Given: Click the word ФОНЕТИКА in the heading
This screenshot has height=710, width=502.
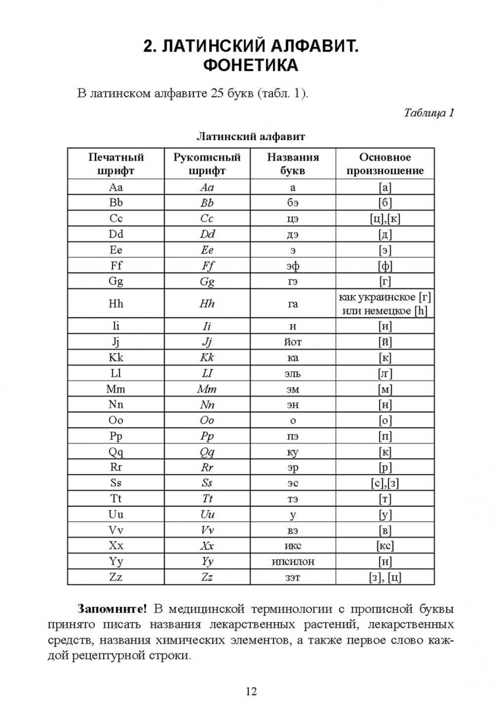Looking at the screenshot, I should click(x=251, y=66).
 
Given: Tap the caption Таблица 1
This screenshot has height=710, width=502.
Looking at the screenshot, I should click(x=428, y=112).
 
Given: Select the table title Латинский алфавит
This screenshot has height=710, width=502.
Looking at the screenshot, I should click(x=251, y=137).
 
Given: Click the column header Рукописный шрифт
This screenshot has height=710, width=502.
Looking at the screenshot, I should click(x=207, y=164).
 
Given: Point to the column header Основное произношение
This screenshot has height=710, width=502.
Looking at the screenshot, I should click(x=385, y=164).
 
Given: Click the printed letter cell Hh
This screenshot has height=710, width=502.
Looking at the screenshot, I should click(x=115, y=304).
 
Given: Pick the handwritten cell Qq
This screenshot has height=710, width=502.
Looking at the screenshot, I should click(x=207, y=451).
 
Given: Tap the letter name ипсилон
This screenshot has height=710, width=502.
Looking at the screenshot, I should click(x=293, y=561).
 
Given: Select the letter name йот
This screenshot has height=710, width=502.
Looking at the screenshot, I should click(x=293, y=341).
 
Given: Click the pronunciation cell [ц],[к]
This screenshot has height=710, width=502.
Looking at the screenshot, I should click(x=385, y=219).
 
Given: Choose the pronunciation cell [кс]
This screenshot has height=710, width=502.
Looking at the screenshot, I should click(x=385, y=546).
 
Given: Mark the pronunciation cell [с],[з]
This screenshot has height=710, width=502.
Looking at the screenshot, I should click(x=385, y=483).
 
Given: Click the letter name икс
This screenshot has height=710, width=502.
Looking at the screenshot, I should click(x=293, y=546).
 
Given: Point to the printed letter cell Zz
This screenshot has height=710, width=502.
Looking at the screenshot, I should click(x=115, y=577).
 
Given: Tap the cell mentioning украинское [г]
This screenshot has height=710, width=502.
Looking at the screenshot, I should click(x=385, y=297).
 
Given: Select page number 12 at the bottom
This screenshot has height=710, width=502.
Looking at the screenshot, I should click(x=251, y=690).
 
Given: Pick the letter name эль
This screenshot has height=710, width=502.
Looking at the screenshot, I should click(x=293, y=373).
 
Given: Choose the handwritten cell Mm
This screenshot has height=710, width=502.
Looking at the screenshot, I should click(x=207, y=389).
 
